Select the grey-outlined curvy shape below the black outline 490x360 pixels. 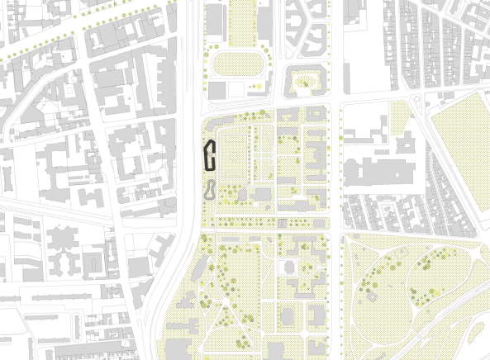(x=211, y=190)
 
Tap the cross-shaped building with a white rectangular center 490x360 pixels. (x=290, y=268)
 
